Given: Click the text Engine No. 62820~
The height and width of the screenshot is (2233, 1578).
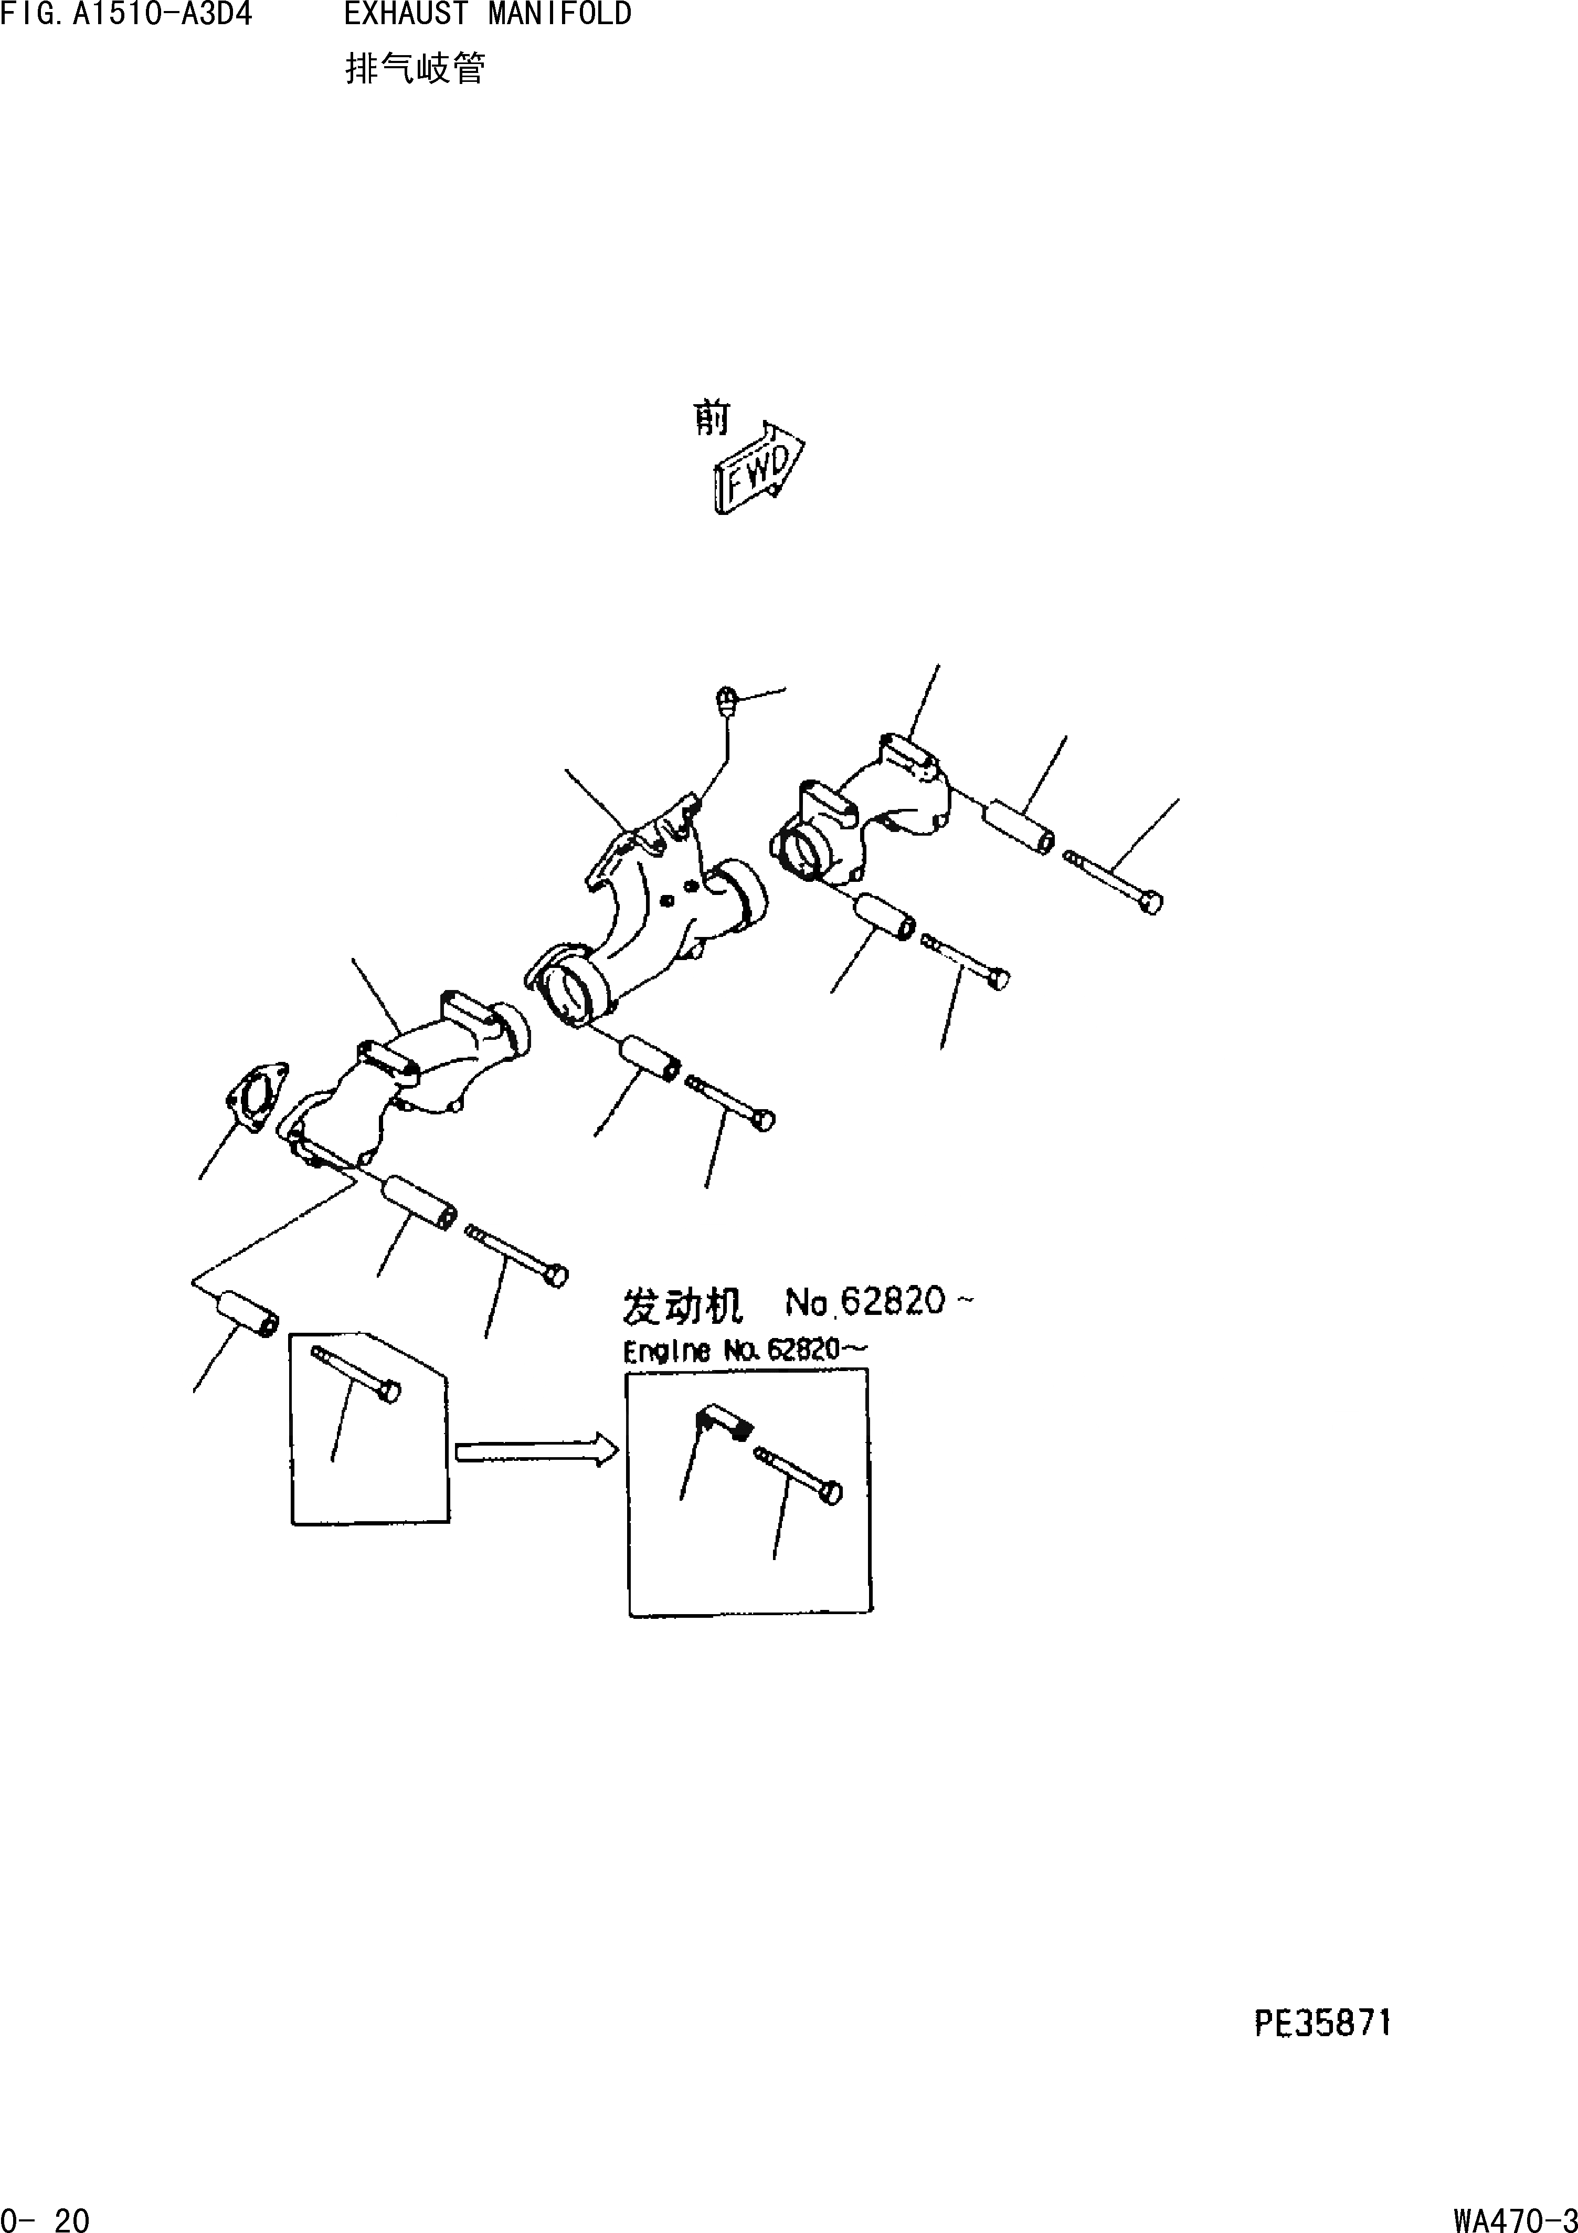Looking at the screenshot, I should pyautogui.click(x=744, y=1351).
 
